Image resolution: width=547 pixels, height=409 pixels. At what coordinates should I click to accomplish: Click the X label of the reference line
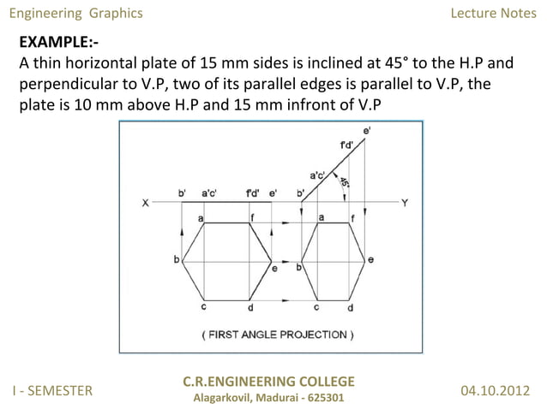(146, 203)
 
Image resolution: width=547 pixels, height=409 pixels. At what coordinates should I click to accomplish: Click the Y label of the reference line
(405, 203)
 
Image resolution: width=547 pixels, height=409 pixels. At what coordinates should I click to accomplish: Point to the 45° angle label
(344, 181)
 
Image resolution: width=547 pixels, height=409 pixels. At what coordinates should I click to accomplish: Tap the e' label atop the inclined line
(367, 128)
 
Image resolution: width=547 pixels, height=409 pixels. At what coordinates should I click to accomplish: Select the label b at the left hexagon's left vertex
(177, 258)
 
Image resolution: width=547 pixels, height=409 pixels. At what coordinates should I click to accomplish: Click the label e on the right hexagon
(370, 258)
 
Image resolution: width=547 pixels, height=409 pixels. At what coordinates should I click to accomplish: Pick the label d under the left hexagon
(249, 307)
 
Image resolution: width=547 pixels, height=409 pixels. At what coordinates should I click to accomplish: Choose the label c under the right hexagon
(316, 306)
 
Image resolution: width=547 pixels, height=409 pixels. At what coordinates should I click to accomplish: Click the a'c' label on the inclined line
(317, 175)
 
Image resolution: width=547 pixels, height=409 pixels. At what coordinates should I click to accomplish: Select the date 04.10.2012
(496, 391)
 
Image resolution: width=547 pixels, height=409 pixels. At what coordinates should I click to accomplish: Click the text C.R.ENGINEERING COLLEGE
(268, 381)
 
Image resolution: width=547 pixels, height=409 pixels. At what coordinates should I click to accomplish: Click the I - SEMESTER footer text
(51, 391)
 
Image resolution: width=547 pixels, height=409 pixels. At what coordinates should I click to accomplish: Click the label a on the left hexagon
(201, 219)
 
